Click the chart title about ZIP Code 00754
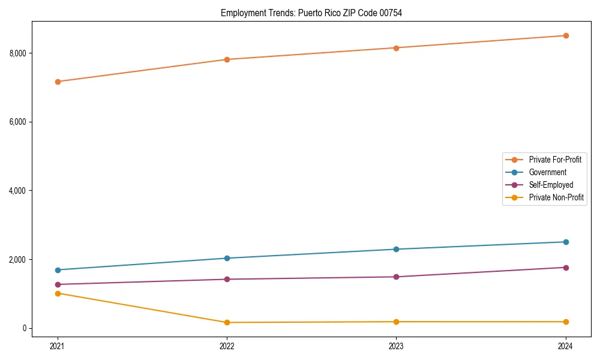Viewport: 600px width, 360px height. point(311,13)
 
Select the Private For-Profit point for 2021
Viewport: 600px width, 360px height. point(58,82)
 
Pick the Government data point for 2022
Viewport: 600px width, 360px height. point(227,258)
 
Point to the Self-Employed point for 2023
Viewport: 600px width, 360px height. point(396,277)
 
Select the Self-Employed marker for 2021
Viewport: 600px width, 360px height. point(58,284)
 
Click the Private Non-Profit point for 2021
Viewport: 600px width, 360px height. point(58,293)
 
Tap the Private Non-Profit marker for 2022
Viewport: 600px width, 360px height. point(227,322)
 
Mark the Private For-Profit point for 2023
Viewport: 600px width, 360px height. point(396,48)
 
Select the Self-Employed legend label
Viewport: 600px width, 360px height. point(551,185)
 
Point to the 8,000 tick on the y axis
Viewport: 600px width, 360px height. point(18,53)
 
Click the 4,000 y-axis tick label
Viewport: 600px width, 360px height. point(18,191)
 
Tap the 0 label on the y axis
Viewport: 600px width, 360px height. point(25,328)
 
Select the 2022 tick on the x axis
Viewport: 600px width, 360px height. point(227,346)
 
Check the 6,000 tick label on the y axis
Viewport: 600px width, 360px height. point(18,122)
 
